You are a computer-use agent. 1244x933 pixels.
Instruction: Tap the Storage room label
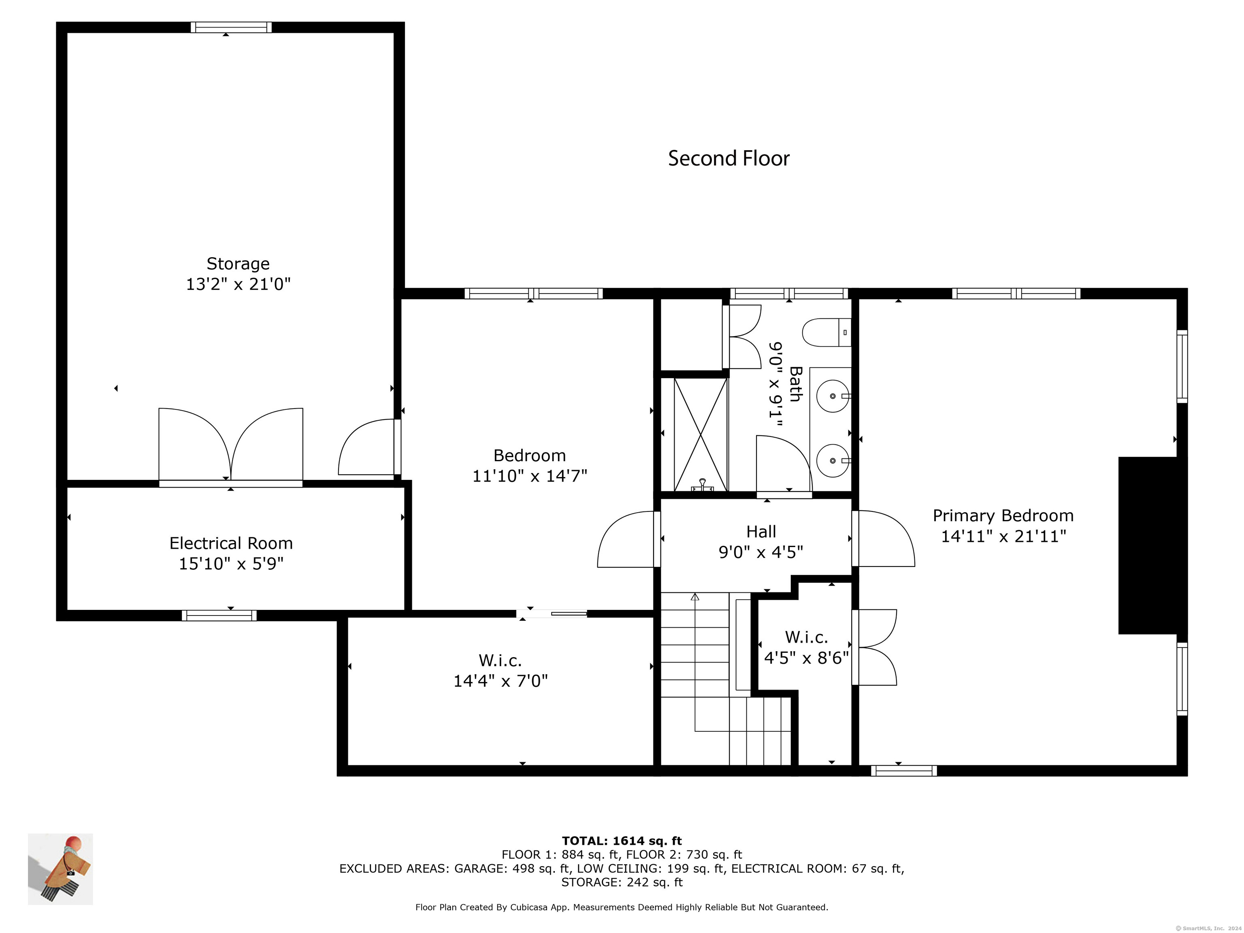238,263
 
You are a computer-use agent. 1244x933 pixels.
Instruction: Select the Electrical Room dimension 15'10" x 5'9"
231,564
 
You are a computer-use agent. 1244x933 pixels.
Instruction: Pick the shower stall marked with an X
700,435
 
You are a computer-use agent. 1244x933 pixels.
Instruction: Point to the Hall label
761,531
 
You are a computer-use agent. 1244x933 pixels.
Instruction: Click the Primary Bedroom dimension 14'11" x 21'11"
1003,536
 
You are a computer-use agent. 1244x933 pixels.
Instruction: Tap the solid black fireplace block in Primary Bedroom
1148,545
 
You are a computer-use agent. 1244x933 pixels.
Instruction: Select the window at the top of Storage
231,27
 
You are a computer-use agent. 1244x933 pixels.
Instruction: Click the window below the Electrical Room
219,615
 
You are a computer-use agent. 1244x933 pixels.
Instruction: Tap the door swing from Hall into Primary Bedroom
883,538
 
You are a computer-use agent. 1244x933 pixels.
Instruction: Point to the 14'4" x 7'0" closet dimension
501,681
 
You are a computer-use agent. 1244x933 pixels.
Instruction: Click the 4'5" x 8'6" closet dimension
807,657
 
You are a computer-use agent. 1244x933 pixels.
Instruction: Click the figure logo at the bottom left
60,869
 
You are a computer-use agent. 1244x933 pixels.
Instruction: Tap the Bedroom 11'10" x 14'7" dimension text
530,476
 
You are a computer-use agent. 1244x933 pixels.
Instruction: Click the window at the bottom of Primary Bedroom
904,771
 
